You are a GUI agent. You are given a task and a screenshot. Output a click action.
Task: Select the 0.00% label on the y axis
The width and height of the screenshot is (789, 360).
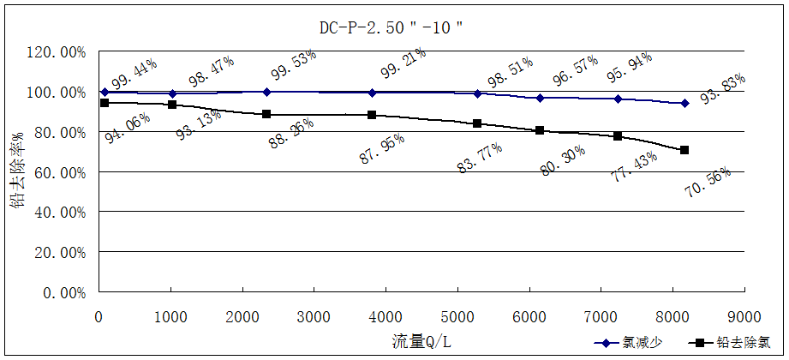[x=63, y=292]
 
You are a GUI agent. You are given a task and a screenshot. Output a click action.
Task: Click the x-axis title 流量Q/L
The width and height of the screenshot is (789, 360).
[x=421, y=340]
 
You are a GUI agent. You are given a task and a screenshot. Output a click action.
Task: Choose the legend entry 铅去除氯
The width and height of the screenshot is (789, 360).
[x=733, y=342]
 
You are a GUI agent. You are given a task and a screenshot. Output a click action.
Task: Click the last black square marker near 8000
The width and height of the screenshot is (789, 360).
[x=684, y=150]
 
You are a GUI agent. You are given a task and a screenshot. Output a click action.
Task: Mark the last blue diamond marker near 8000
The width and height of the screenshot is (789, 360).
[x=684, y=103]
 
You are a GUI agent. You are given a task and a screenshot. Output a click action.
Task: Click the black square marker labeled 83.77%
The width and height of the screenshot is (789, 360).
[x=477, y=123]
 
